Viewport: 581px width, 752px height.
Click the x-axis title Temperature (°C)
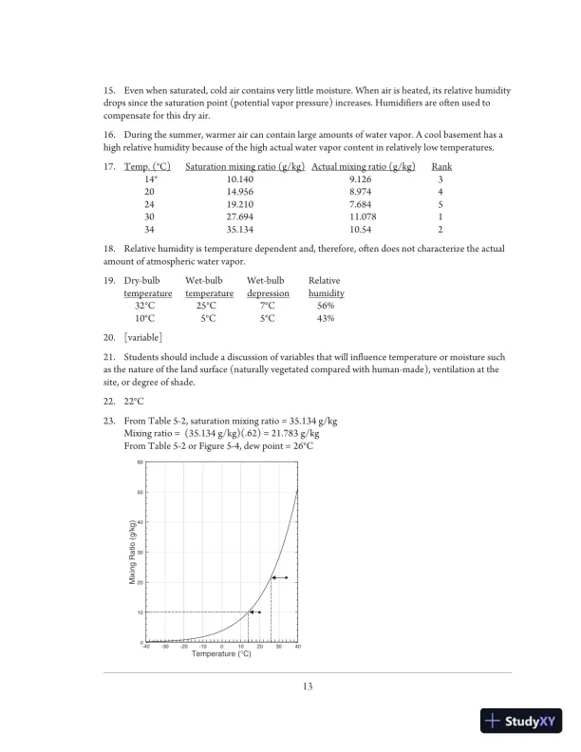tap(221, 655)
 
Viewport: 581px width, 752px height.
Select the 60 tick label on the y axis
tap(140, 462)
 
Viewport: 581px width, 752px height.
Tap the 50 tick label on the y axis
tap(140, 492)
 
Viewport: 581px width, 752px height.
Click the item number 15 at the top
tap(108, 90)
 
